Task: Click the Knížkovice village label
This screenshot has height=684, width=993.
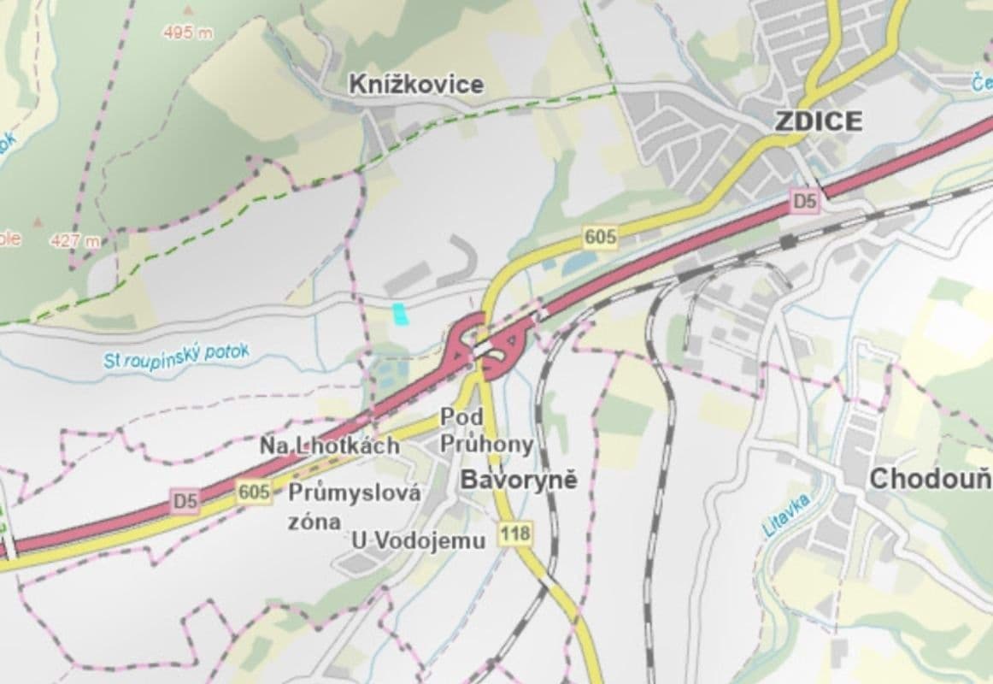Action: [x=416, y=85]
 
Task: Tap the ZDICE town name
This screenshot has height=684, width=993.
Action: [x=818, y=121]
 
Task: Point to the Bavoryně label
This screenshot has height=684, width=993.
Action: [x=519, y=480]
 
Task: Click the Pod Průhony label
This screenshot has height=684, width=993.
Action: [x=486, y=431]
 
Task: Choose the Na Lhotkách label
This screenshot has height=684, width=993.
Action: [x=342, y=445]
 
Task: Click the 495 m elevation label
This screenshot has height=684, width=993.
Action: [x=188, y=32]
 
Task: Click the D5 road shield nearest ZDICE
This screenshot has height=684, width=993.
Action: [x=804, y=202]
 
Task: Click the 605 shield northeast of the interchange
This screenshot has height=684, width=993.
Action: [x=601, y=237]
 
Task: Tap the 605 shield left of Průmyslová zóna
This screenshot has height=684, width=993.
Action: [x=255, y=492]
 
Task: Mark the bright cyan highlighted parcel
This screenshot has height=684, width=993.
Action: [x=399, y=314]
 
